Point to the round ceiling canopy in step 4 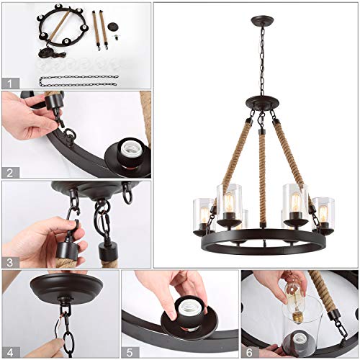pos(58,290)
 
